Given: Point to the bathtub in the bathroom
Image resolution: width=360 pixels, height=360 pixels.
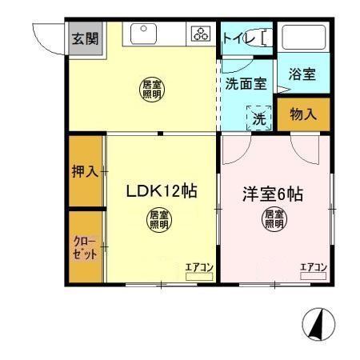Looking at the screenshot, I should point(304,38).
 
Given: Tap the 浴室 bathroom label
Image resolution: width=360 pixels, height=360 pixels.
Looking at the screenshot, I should point(302,74).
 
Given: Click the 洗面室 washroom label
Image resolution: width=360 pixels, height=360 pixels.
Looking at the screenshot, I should point(245,83).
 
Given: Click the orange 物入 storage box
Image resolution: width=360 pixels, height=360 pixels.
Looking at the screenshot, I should point(302,114).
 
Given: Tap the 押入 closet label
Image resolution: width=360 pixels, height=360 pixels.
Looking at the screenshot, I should point(84,172).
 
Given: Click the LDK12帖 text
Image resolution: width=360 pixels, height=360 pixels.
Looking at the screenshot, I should point(160,192).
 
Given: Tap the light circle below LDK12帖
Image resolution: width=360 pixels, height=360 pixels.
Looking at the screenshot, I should point(158,219).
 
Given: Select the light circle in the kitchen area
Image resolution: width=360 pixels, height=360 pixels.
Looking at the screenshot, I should point(151,88).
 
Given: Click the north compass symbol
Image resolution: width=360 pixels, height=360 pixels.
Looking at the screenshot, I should point(318,326).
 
